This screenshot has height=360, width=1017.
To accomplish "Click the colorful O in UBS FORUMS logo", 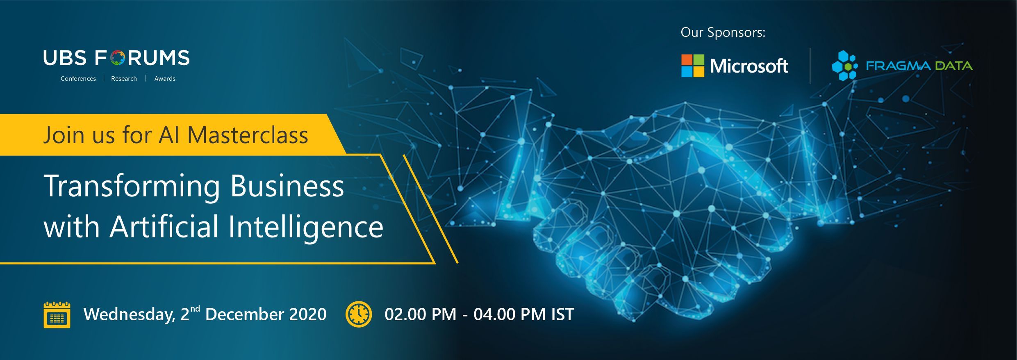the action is pyautogui.click(x=118, y=58).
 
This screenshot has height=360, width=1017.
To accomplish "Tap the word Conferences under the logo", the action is pyautogui.click(x=78, y=79).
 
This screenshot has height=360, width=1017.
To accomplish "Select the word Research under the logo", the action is pyautogui.click(x=124, y=79).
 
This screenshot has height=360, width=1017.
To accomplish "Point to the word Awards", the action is pyautogui.click(x=165, y=79).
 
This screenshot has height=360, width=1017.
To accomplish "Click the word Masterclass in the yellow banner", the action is pyautogui.click(x=248, y=135).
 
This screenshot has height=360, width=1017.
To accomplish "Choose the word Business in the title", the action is pyautogui.click(x=287, y=186).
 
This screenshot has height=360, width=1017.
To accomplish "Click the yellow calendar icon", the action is pyautogui.click(x=57, y=315).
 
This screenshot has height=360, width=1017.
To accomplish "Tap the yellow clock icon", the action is pyautogui.click(x=359, y=314).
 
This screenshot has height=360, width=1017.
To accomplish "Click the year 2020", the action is pyautogui.click(x=308, y=314).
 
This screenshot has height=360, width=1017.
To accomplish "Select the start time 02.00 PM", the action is pyautogui.click(x=421, y=314).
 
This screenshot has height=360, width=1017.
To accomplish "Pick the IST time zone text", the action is pyautogui.click(x=562, y=314).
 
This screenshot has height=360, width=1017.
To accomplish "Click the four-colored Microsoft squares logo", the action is pyautogui.click(x=693, y=66).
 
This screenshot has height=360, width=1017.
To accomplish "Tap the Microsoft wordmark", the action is pyautogui.click(x=749, y=66).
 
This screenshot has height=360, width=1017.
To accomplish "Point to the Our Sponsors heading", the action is pyautogui.click(x=723, y=32).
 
